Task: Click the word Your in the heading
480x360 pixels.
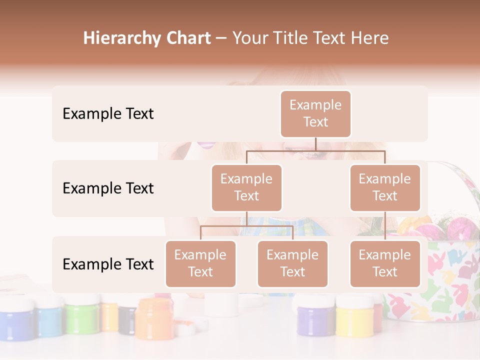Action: [251, 38]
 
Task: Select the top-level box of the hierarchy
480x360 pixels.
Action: [315, 113]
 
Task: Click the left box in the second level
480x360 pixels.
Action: [246, 187]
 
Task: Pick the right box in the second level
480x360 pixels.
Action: [385, 187]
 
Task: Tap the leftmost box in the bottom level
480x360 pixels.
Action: [200, 263]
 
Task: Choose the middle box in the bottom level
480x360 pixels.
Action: [292, 263]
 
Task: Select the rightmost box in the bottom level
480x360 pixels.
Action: [385, 263]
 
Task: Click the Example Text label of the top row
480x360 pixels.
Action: [108, 114]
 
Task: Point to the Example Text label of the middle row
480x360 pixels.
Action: [108, 188]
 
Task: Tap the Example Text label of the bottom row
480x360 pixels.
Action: [108, 264]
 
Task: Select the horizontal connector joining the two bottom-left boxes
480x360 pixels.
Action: [246, 226]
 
